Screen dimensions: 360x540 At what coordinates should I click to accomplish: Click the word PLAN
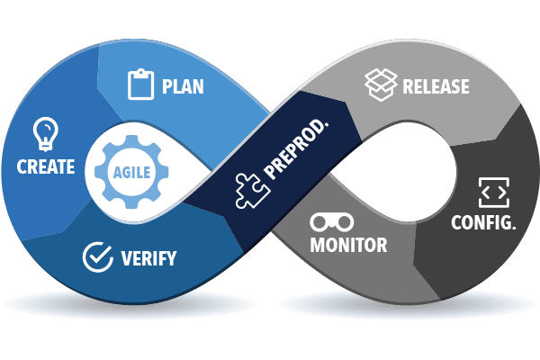pos(183,87)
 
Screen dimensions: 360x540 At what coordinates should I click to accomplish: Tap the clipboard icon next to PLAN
pos(141,85)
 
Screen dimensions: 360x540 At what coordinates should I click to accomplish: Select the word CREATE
pos(45,166)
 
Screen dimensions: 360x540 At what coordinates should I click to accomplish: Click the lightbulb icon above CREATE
pos(45,133)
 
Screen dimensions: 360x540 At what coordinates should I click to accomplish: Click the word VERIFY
pos(148,259)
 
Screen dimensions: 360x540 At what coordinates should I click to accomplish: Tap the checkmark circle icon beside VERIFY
pos(97,256)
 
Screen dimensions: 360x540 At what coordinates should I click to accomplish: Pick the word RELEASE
pos(436,87)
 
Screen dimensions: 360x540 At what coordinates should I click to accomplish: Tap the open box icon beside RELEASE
pos(380,85)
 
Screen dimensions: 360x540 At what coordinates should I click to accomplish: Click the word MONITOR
pos(348,245)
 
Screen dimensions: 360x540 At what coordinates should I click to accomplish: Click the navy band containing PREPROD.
pos(270,171)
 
